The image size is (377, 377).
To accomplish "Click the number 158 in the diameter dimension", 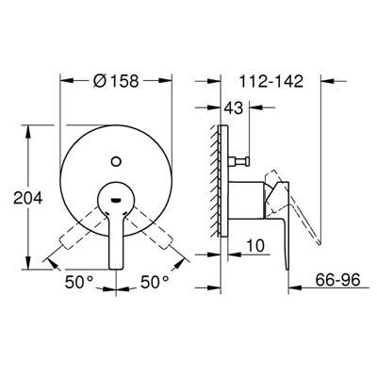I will point(124,81).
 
